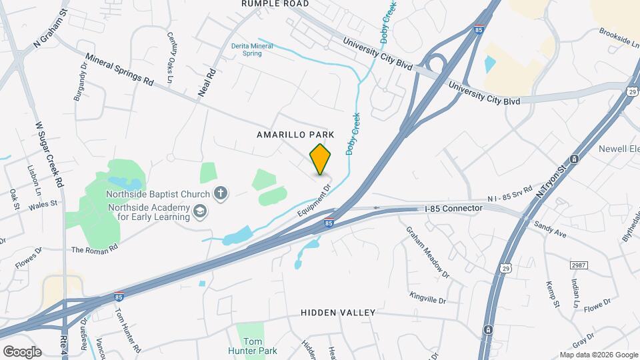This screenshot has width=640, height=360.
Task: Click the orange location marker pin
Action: click(x=321, y=159)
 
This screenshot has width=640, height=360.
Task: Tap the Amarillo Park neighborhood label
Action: click(x=294, y=134)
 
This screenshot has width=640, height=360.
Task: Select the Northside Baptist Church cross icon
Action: click(x=221, y=194)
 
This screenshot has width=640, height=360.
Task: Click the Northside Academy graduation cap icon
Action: click(x=199, y=213)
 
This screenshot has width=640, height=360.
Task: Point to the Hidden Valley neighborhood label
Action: click(x=338, y=312)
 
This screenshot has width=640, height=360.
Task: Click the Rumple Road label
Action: click(x=275, y=4)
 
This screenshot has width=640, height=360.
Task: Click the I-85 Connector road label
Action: click(x=453, y=209)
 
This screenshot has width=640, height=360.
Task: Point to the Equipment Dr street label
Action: click(x=315, y=199)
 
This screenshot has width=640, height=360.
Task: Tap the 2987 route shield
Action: click(x=579, y=265)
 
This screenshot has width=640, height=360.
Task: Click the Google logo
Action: click(x=22, y=351)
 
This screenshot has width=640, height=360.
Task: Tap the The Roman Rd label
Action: click(x=94, y=249)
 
